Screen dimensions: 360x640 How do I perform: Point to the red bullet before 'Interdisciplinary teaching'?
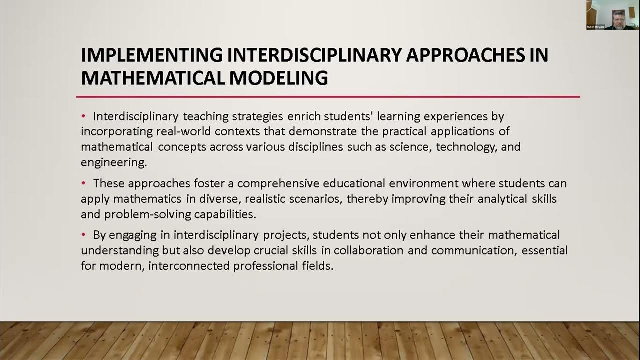point(84,116)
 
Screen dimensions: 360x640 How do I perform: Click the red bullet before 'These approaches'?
point(84,183)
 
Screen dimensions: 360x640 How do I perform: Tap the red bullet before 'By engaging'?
point(84,234)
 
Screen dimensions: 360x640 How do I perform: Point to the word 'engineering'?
point(110,163)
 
